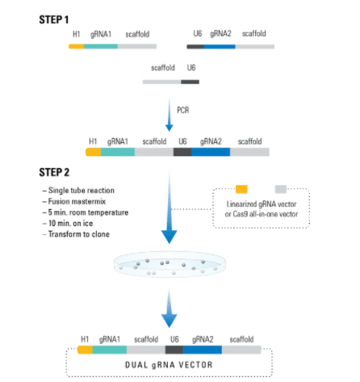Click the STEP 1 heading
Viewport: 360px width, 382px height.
coord(54,19)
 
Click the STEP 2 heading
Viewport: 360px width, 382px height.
coord(54,172)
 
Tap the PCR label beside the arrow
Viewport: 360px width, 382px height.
coord(183,110)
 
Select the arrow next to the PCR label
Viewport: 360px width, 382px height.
coord(170,114)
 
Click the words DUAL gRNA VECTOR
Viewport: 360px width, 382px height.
coord(169,365)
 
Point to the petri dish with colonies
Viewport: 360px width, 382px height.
coord(170,265)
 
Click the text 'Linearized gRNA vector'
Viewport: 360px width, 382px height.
coord(262,204)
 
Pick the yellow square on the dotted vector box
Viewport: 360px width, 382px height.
coord(241,189)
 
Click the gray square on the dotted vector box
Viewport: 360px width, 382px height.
coord(281,189)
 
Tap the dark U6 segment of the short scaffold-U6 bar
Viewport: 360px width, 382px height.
coord(190,82)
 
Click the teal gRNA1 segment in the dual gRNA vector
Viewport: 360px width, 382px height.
coord(110,350)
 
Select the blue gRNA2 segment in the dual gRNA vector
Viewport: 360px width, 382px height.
coord(203,350)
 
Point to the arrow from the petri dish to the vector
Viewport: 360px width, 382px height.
coord(170,308)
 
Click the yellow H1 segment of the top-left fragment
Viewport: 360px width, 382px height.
coord(77,47)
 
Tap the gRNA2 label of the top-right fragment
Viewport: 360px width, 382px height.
coord(220,34)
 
